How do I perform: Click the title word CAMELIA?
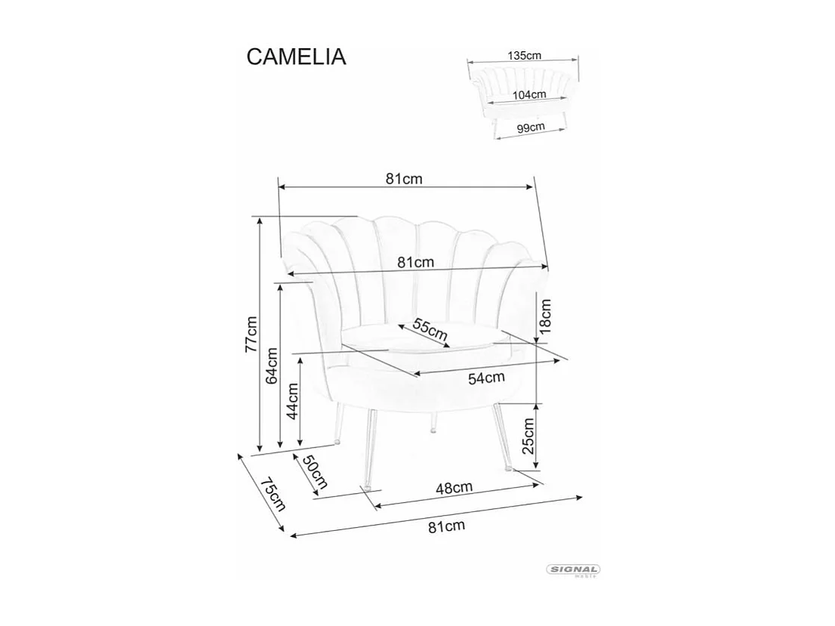pos(296,57)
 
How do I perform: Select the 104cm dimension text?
pos(528,95)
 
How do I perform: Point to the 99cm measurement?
pos(531,127)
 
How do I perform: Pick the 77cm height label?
pos(251,335)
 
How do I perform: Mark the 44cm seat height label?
pos(293,401)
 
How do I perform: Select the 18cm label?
pos(545,316)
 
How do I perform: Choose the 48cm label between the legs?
pos(454,489)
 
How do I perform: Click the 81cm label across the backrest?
pos(415,263)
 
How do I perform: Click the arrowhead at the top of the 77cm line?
pos(260,221)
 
